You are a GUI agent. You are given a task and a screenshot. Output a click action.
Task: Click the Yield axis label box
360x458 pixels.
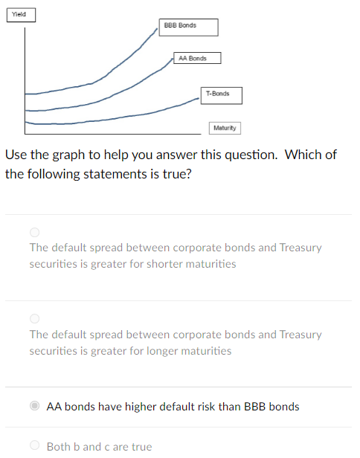click(21, 14)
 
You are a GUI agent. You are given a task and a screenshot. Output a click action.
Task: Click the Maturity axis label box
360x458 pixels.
click(224, 128)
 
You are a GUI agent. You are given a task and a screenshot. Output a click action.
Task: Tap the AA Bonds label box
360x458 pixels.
click(197, 58)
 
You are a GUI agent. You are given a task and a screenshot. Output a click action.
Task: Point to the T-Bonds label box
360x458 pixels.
click(219, 94)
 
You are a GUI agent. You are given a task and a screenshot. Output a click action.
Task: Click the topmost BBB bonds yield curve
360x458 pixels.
click(112, 71)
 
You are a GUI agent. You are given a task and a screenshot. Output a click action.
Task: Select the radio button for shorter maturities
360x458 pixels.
click(34, 231)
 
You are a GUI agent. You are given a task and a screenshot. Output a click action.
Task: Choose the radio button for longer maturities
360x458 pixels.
click(34, 318)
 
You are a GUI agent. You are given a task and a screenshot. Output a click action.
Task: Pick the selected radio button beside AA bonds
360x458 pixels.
click(34, 406)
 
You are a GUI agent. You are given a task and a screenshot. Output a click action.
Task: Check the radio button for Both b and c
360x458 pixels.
click(34, 446)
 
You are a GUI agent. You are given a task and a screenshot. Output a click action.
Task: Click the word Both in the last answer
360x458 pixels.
click(59, 447)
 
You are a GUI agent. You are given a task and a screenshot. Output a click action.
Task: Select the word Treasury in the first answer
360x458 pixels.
click(300, 248)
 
